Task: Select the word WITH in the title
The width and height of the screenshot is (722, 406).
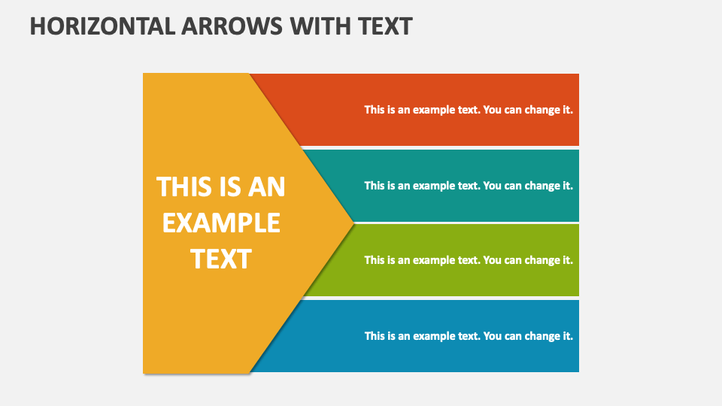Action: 319,26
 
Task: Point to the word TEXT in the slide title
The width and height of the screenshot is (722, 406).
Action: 384,26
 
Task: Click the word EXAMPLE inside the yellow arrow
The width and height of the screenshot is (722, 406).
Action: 221,223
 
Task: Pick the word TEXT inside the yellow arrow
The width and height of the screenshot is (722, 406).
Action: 220,259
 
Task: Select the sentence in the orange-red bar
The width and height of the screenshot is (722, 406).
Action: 469,110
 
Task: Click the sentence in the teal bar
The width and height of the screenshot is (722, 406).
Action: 469,186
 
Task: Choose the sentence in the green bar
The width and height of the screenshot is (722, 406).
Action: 469,260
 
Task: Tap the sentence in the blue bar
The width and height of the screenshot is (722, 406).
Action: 469,336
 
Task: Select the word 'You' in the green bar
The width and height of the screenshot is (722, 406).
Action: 492,260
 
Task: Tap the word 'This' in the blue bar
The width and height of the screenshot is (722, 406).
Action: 375,336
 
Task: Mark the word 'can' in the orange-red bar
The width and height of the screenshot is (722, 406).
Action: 512,110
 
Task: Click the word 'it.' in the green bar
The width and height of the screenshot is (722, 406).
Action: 568,260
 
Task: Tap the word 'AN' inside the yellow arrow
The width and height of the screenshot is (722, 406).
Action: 267,186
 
